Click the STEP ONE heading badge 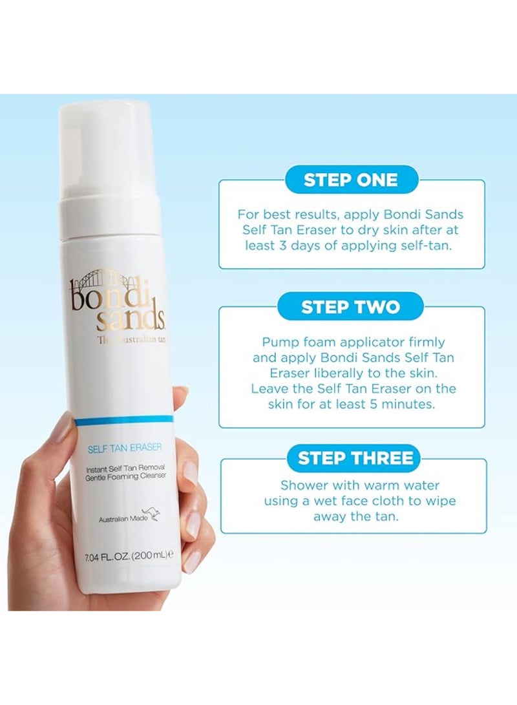coord(351,179)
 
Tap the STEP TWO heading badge coord(351,306)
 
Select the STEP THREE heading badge coord(355,458)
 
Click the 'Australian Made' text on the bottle coord(119,519)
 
